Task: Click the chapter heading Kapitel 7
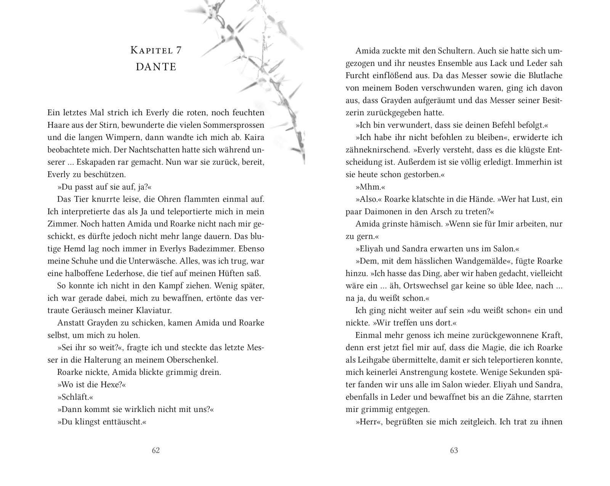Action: tap(156, 50)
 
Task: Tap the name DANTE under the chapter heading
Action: tap(156, 67)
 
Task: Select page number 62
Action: tap(156, 451)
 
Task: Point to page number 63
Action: tap(454, 451)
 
